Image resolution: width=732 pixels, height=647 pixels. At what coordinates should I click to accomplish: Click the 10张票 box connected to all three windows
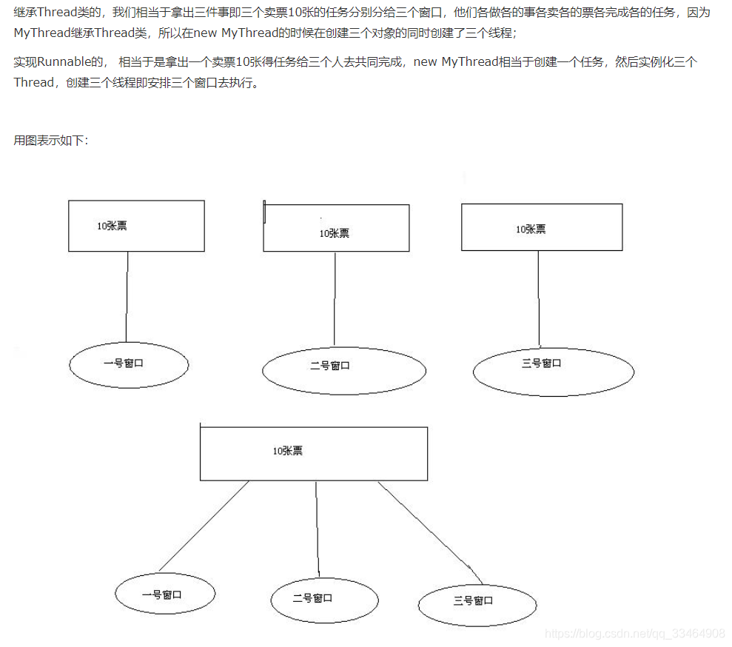pyautogui.click(x=313, y=453)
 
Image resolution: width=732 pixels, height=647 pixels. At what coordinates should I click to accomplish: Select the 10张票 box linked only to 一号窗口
pyautogui.click(x=136, y=226)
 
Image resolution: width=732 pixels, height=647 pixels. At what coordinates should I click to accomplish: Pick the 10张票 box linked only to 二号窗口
pyautogui.click(x=336, y=228)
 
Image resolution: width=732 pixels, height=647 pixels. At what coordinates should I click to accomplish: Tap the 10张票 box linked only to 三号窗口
pyautogui.click(x=542, y=227)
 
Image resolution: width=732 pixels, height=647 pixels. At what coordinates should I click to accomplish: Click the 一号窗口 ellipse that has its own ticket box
pyautogui.click(x=130, y=363)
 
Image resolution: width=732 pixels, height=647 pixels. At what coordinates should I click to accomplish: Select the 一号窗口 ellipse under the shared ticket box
pyautogui.click(x=165, y=594)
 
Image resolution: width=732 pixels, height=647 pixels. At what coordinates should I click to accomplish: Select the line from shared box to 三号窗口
pyautogui.click(x=429, y=530)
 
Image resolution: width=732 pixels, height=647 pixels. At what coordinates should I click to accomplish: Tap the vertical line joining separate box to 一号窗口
pyautogui.click(x=127, y=296)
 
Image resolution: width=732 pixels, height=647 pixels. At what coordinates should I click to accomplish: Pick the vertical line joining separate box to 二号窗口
pyautogui.click(x=335, y=298)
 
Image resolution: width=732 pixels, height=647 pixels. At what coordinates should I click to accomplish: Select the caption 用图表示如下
pyautogui.click(x=50, y=140)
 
